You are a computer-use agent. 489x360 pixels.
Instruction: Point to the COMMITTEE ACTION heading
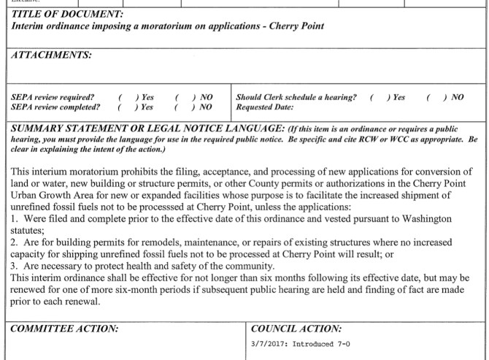[65, 329]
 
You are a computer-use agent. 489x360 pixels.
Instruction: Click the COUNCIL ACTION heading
[296, 329]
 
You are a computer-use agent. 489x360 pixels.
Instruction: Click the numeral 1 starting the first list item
[12, 217]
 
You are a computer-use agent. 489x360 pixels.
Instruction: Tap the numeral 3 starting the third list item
[13, 265]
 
